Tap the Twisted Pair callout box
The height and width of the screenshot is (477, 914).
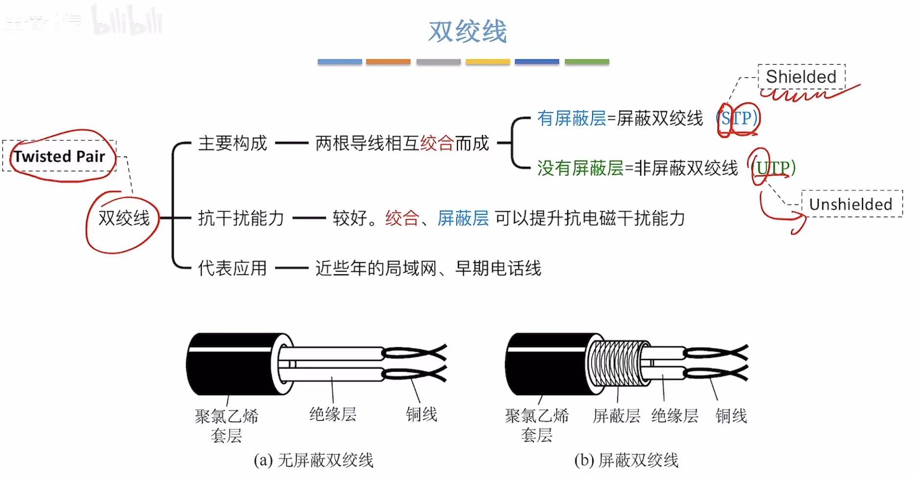[x=59, y=156]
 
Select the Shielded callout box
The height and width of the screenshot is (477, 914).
[x=801, y=77]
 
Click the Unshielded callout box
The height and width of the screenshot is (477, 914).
[x=851, y=204]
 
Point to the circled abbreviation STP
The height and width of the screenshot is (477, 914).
[x=738, y=118]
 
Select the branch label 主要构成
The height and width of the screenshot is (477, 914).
[x=233, y=143]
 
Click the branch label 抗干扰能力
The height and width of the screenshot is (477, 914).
[x=241, y=218]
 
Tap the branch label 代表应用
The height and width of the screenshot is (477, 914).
[x=233, y=268]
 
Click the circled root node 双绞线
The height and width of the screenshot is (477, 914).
[x=124, y=218]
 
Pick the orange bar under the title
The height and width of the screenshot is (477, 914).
[x=388, y=62]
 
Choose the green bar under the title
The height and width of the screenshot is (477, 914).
[x=586, y=62]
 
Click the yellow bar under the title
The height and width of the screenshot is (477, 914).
[x=487, y=62]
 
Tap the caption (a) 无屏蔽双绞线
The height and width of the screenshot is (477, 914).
[x=313, y=460]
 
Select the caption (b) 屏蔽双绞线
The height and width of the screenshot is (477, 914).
[x=626, y=460]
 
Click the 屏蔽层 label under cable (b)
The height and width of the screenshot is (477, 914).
[x=616, y=416]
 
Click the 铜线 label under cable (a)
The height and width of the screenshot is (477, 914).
[x=421, y=414]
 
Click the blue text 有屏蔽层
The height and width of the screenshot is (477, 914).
[x=571, y=118]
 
